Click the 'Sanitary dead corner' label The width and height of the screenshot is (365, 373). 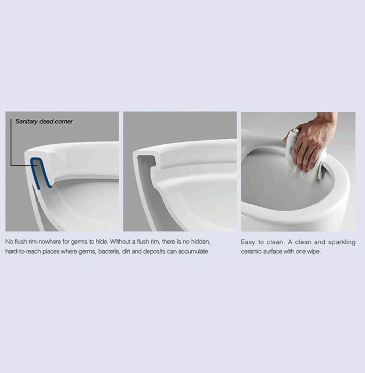pos(44,122)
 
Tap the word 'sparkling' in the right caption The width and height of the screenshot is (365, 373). pos(342,243)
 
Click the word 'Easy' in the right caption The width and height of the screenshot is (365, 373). pos(248,243)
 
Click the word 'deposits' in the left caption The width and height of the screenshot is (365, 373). pos(154,251)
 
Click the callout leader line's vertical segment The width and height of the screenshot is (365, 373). pos(10,142)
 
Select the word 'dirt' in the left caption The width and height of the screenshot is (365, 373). pos(126,251)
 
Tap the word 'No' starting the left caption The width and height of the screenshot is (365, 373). pos(9,241)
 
